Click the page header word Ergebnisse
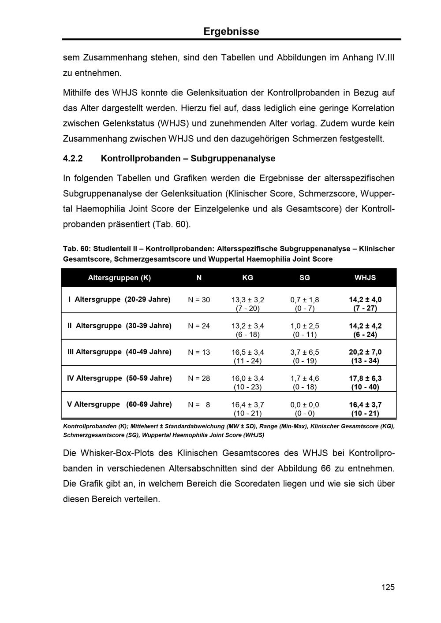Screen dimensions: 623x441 click(231, 32)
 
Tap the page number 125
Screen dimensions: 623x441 click(388, 587)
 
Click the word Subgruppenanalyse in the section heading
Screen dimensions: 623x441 click(233, 158)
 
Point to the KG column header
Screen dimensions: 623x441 click(247, 278)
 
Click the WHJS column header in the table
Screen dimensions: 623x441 click(365, 278)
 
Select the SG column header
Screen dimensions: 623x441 click(304, 278)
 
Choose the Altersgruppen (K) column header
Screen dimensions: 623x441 click(119, 278)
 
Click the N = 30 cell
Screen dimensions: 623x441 click(199, 300)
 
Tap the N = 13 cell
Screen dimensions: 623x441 click(199, 352)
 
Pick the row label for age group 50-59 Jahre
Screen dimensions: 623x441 click(119, 378)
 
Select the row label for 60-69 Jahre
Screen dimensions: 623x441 click(119, 404)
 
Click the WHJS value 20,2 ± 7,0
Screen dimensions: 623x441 click(365, 352)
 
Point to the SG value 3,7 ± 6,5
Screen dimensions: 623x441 click(304, 352)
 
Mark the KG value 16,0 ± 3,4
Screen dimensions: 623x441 click(247, 378)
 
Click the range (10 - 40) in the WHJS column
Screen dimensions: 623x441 click(365, 387)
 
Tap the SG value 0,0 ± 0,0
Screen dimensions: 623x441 click(304, 405)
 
